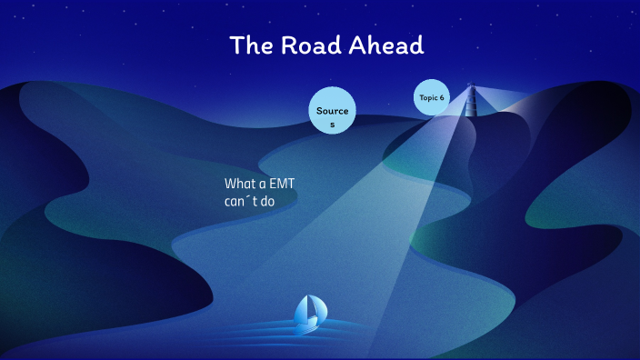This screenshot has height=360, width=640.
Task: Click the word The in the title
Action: pos(247,45)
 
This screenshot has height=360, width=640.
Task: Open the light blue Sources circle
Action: pos(332,111)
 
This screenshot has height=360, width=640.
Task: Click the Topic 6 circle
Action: pos(432,97)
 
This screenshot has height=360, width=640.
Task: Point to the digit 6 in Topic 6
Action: pos(442,97)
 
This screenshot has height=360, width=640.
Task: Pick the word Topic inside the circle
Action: pos(428,97)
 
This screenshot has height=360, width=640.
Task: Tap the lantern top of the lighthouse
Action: pos(471,88)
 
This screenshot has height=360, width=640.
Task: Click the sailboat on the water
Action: pos(309,314)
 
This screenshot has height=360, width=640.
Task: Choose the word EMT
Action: pos(283,184)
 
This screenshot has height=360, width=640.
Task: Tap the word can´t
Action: pos(240,201)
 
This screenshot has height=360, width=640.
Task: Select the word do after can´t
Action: pos(267,201)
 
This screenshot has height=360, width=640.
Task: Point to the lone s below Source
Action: pos(332,125)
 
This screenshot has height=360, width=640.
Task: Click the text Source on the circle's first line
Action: pos(332,111)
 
